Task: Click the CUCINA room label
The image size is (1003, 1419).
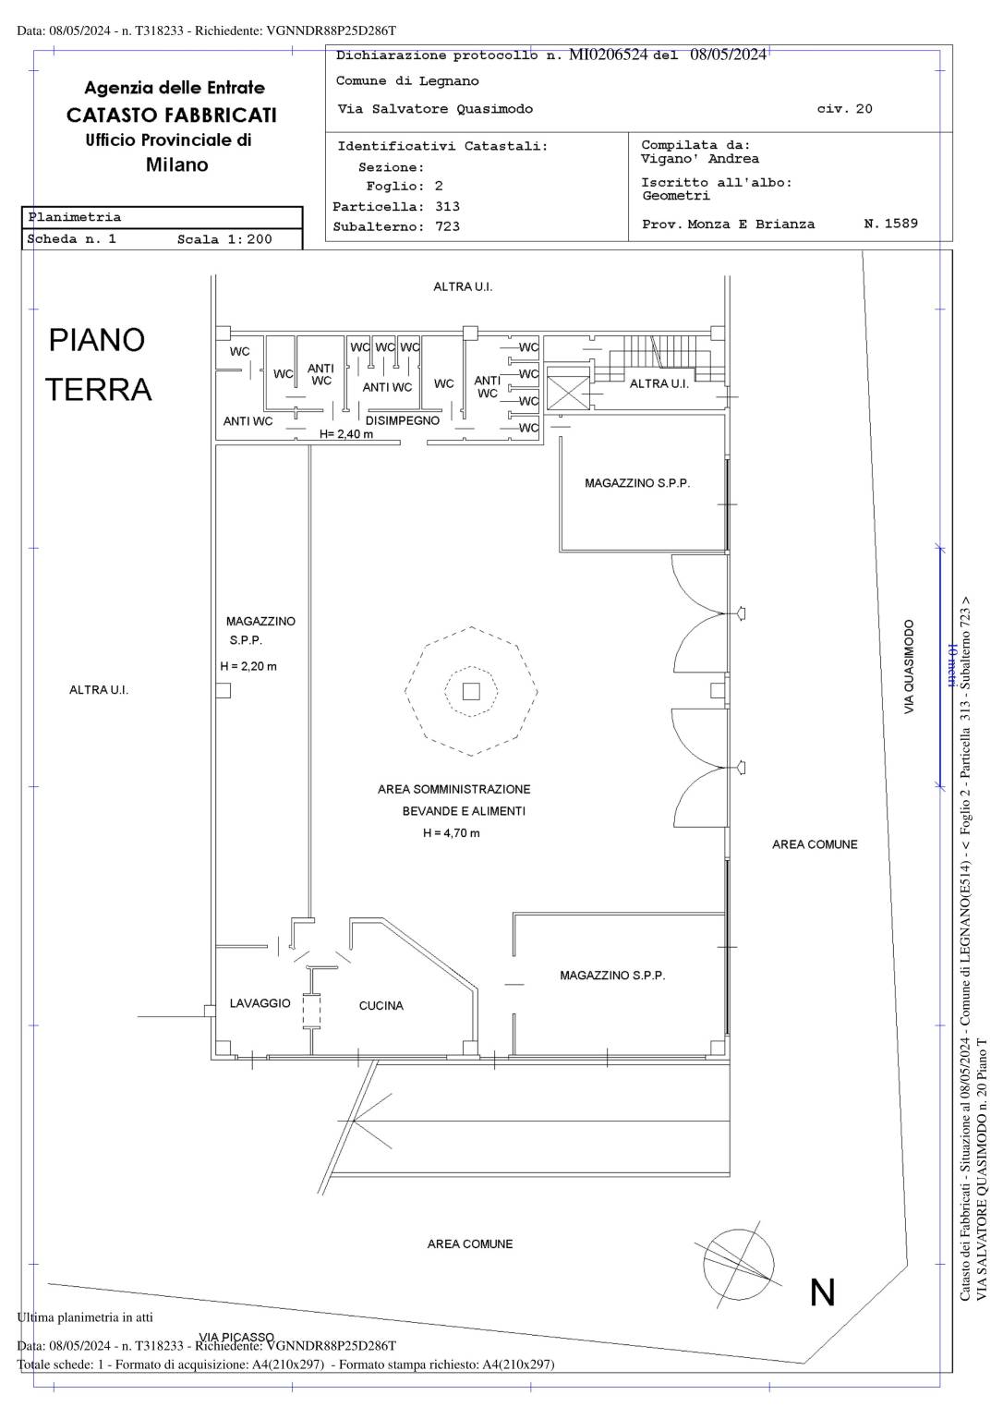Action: point(381,1005)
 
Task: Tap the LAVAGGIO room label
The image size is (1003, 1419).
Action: point(260,1002)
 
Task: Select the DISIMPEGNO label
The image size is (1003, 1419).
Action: point(402,420)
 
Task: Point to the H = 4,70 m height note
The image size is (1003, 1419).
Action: point(451,833)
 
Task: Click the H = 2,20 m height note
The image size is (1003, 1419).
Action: point(248,666)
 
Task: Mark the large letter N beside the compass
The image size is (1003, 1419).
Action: point(823,1292)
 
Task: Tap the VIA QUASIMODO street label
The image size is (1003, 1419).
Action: point(909,667)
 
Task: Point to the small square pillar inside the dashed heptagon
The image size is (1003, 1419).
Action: point(471,691)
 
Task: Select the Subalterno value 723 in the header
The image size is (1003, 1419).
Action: point(447,226)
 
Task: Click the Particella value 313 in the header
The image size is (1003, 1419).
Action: point(447,207)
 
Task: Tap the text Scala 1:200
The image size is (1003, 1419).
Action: point(224,239)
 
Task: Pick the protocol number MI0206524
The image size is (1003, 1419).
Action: point(608,55)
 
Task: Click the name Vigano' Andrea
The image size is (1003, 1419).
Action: point(700,158)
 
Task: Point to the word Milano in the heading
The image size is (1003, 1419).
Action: point(176,164)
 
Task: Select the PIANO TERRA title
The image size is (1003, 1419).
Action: point(98,364)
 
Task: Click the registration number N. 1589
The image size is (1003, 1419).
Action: point(890,223)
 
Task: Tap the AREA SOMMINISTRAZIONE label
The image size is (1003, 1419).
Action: point(454,789)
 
